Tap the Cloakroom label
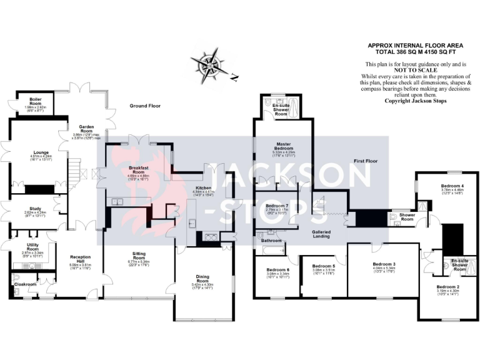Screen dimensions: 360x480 [x=25, y=284]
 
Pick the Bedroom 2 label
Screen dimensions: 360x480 [x=447, y=288]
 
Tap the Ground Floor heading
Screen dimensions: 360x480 [x=145, y=106]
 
